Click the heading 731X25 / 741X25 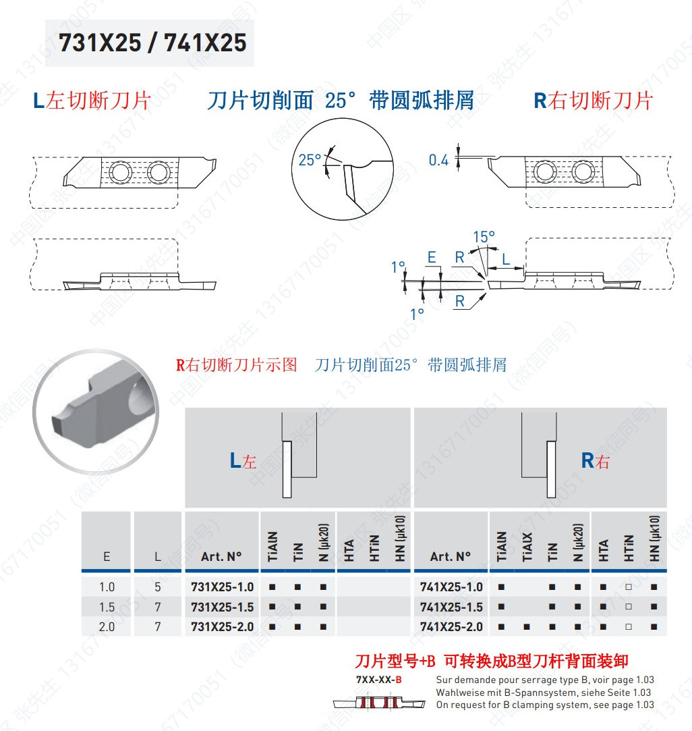pyautogui.click(x=152, y=43)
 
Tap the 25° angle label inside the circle pyautogui.click(x=310, y=160)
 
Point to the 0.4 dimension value pyautogui.click(x=438, y=161)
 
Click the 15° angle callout pyautogui.click(x=484, y=237)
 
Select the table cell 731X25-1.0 pyautogui.click(x=223, y=587)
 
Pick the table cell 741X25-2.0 pyautogui.click(x=451, y=627)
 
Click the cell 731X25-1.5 pyautogui.click(x=223, y=607)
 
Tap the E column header pyautogui.click(x=107, y=557)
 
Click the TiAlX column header pyautogui.click(x=527, y=547)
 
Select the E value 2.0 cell pyautogui.click(x=107, y=627)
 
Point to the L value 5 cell pyautogui.click(x=158, y=587)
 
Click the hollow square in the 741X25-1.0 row pyautogui.click(x=629, y=587)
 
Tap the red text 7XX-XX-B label pyautogui.click(x=379, y=680)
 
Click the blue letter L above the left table pyautogui.click(x=235, y=460)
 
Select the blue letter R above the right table pyautogui.click(x=587, y=460)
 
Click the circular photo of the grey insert pyautogui.click(x=96, y=412)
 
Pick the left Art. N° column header pyautogui.click(x=221, y=557)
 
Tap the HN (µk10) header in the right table pyautogui.click(x=654, y=539)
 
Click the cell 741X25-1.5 pyautogui.click(x=451, y=607)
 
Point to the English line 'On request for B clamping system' pyautogui.click(x=545, y=705)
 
